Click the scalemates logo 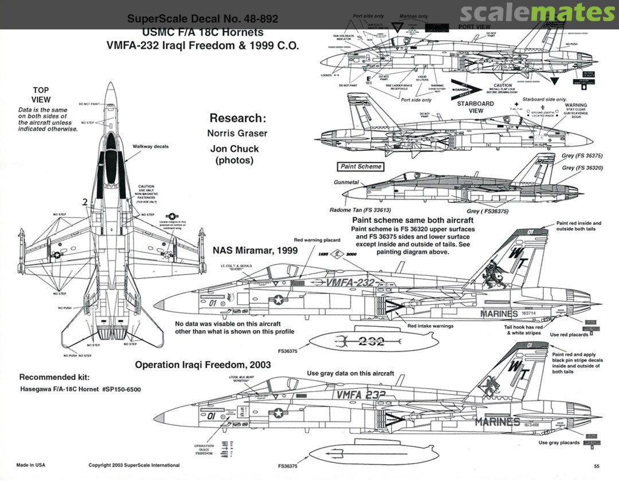pos(536,13)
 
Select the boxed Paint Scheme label pos(361,166)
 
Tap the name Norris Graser pos(237,133)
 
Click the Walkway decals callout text pos(151,146)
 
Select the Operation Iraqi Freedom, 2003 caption pos(203,365)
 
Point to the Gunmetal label pos(346,182)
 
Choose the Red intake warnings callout pos(430,326)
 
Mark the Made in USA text pos(32,465)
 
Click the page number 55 pos(597,466)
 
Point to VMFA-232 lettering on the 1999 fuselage pos(350,283)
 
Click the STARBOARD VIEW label pos(475,107)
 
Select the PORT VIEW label pos(475,27)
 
